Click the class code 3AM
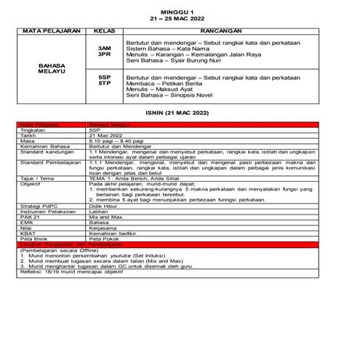[104, 48]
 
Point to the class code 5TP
[104, 83]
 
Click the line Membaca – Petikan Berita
[164, 83]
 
